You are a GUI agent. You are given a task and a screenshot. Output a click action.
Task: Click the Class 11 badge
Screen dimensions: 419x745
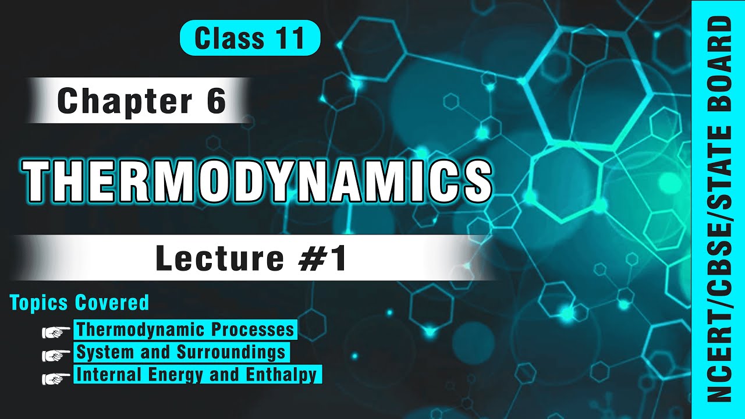pyautogui.click(x=250, y=38)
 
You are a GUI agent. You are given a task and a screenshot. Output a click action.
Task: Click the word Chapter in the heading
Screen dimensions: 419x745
pyautogui.click(x=124, y=101)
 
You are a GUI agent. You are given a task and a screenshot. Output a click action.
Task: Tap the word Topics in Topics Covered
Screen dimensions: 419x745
pyautogui.click(x=39, y=303)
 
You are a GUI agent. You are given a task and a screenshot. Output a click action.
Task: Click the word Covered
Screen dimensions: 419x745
pyautogui.click(x=112, y=303)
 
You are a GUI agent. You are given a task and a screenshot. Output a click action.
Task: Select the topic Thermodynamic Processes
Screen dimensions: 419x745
pyautogui.click(x=185, y=329)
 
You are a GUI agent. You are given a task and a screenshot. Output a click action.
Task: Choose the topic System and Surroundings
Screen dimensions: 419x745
pyautogui.click(x=181, y=352)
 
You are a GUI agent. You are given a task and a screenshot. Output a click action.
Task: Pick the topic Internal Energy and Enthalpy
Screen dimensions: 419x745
pyautogui.click(x=197, y=374)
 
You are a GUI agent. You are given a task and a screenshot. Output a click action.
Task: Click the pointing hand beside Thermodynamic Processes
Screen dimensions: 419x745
pyautogui.click(x=56, y=331)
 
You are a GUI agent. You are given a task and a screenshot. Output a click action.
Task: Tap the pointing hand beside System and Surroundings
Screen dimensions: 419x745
pyautogui.click(x=56, y=354)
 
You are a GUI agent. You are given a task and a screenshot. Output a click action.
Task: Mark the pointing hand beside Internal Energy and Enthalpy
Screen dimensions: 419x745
pyautogui.click(x=56, y=377)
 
